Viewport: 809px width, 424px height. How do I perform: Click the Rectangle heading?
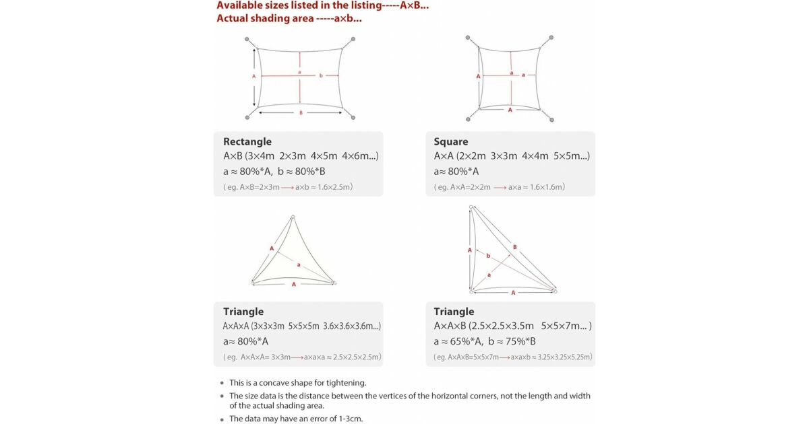(x=247, y=141)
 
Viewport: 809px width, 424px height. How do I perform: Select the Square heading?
(x=451, y=141)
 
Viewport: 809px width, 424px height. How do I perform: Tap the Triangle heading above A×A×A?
(x=243, y=312)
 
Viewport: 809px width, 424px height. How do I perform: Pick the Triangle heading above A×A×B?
(x=454, y=312)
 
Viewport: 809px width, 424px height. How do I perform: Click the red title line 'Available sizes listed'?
(x=322, y=5)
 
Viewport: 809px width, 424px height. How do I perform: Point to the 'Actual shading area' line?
(x=289, y=18)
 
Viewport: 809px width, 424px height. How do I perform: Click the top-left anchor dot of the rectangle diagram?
(x=247, y=39)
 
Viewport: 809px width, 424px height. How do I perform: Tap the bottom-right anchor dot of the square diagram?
(x=551, y=120)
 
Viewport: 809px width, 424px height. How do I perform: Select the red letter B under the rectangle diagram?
(x=301, y=113)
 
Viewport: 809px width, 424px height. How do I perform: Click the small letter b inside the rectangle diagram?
(x=321, y=75)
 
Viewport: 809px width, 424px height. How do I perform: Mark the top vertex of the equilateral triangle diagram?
(x=293, y=217)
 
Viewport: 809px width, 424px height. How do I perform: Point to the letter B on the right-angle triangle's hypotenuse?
(x=514, y=247)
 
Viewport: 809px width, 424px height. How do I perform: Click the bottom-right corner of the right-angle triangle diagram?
(x=555, y=291)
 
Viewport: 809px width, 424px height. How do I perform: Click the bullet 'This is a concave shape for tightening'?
(x=297, y=382)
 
